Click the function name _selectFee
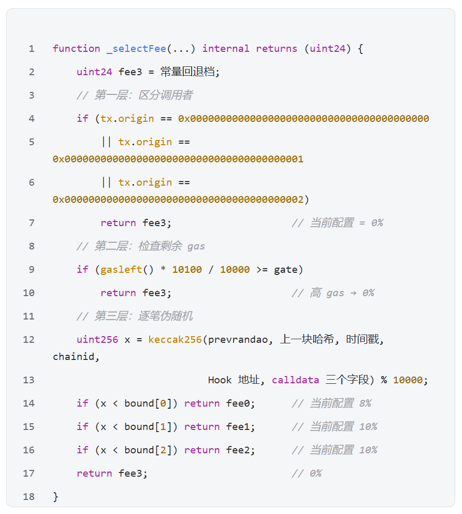(x=136, y=49)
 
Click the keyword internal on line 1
(x=226, y=49)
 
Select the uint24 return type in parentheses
(x=327, y=49)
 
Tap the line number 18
(x=28, y=497)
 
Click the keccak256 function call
(x=175, y=340)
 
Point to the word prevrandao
(x=238, y=340)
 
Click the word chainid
(x=74, y=356)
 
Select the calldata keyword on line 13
(x=295, y=380)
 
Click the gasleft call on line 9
(x=121, y=270)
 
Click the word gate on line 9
(x=286, y=270)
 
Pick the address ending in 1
(x=178, y=159)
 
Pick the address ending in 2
(x=178, y=199)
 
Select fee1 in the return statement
(x=238, y=426)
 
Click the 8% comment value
(x=365, y=403)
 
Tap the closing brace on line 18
(x=55, y=497)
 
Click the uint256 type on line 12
(x=97, y=340)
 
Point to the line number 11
(x=28, y=316)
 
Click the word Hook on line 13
(x=220, y=380)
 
